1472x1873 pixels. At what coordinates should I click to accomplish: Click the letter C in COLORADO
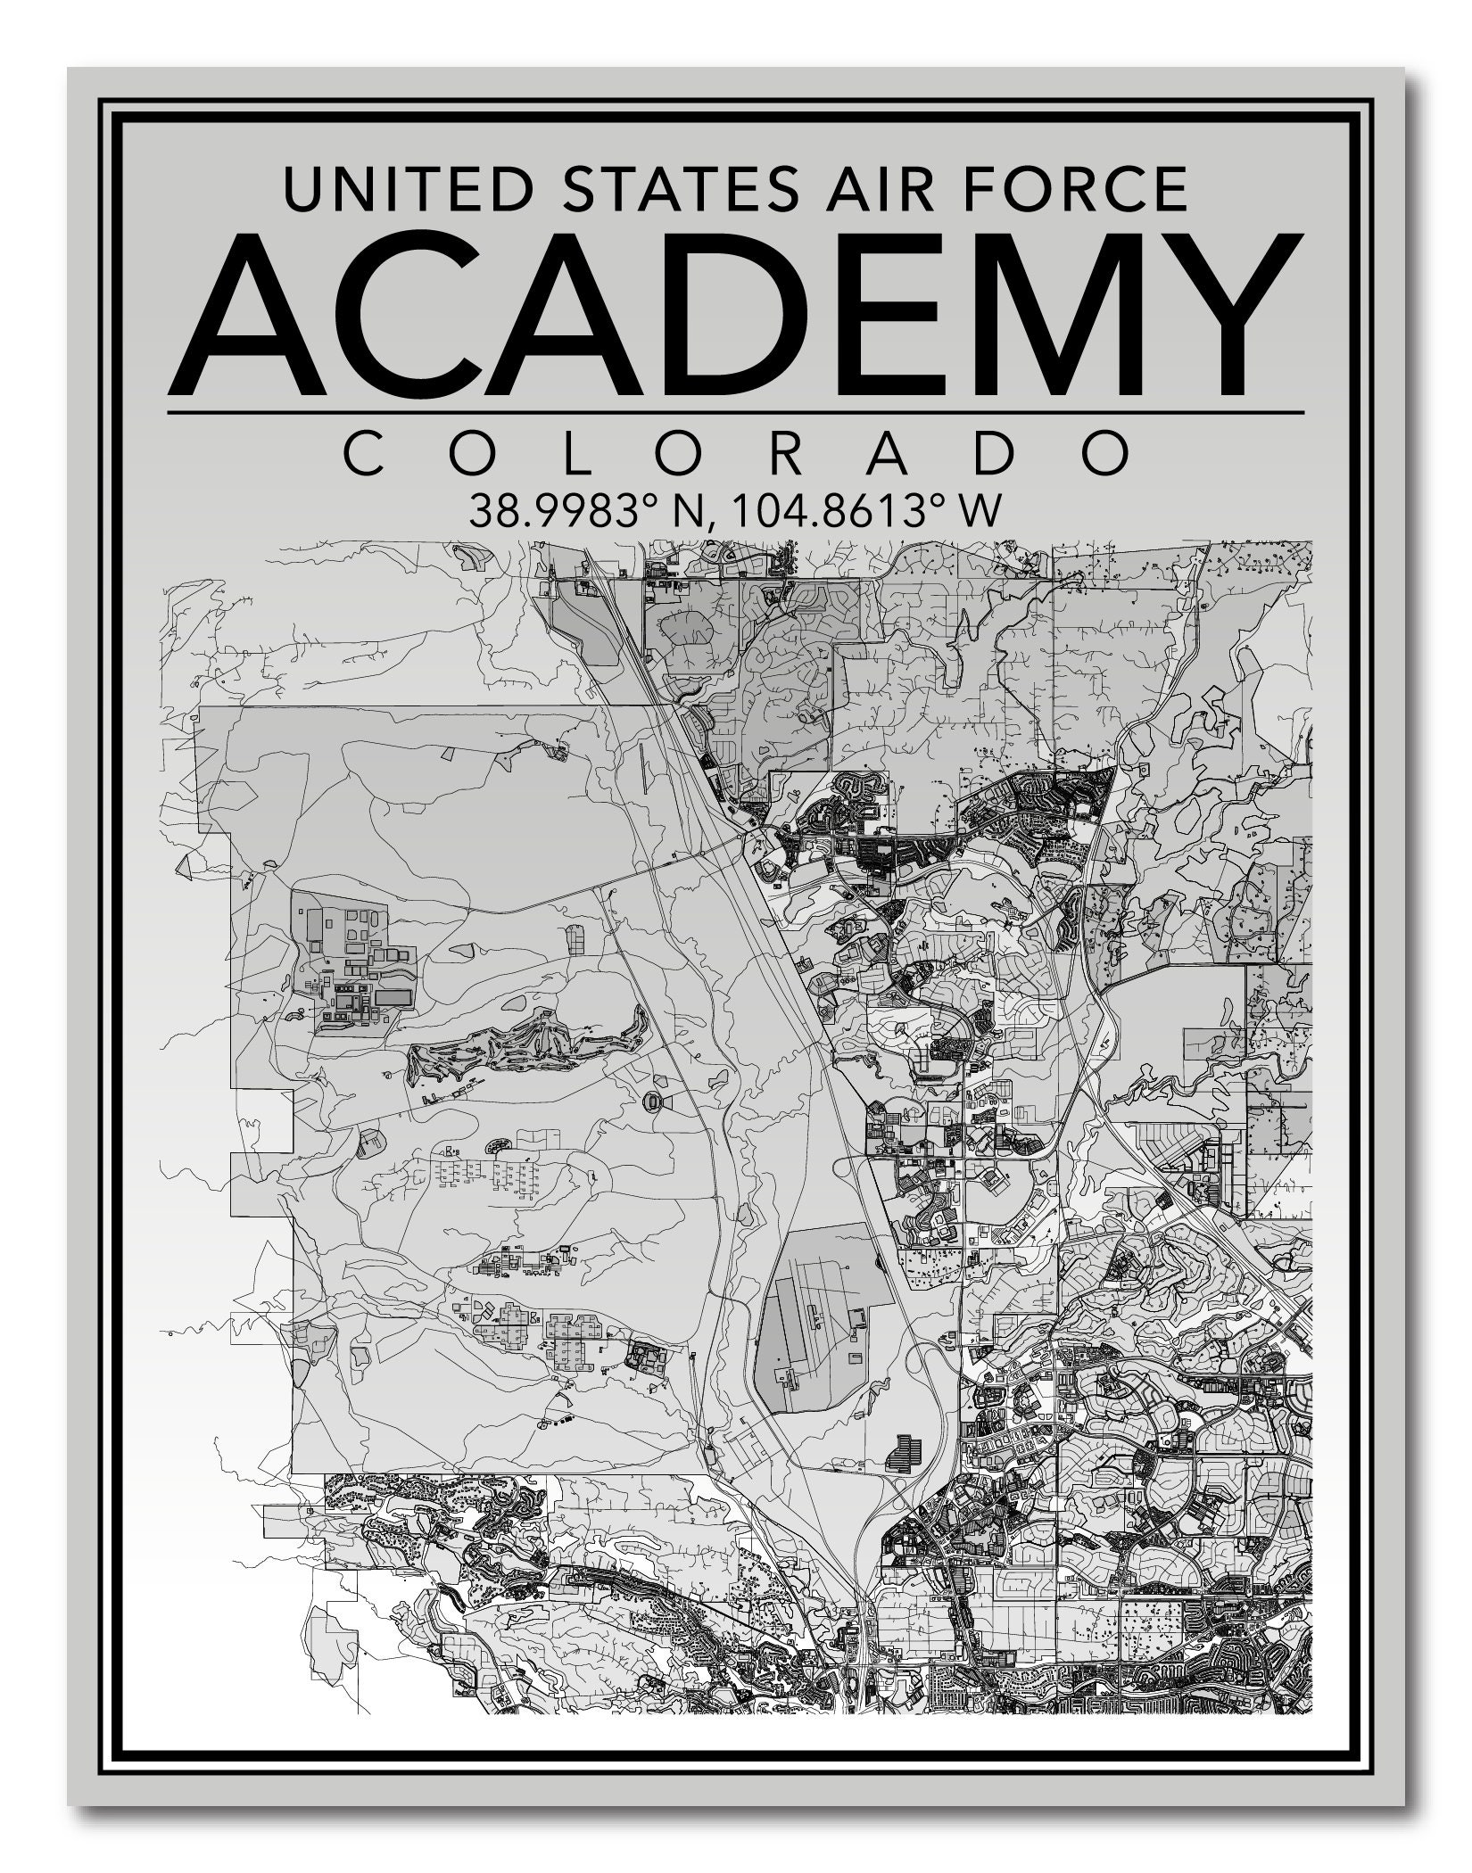point(368,454)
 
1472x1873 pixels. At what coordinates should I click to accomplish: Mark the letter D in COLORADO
point(994,454)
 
